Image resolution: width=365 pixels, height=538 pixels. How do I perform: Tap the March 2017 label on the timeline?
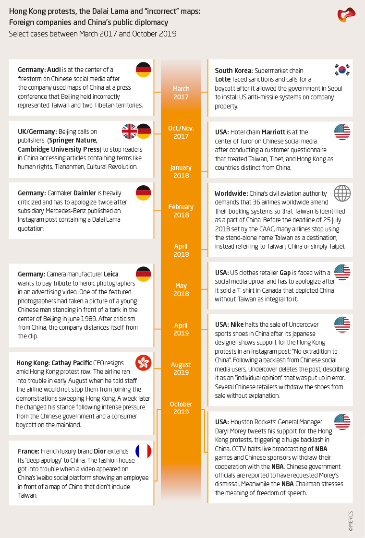[181, 93]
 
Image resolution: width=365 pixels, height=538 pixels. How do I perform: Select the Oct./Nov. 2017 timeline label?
[181, 132]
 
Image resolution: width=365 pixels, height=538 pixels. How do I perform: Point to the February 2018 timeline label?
[181, 211]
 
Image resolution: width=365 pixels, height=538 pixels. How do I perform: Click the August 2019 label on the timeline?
[181, 368]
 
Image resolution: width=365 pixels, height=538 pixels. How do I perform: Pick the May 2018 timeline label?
[181, 289]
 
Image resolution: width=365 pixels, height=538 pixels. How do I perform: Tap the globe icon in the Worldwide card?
[342, 193]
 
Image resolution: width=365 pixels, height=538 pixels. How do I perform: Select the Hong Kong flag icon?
[144, 363]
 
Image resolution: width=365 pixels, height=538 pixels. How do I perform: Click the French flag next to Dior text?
[144, 451]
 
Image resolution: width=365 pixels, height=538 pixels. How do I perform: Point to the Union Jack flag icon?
[130, 131]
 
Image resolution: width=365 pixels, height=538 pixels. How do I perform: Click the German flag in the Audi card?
[144, 70]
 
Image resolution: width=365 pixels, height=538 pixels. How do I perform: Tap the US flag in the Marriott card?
[342, 132]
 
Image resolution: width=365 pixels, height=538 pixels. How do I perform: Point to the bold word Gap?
[285, 272]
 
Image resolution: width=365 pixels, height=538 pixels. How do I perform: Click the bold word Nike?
[238, 325]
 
